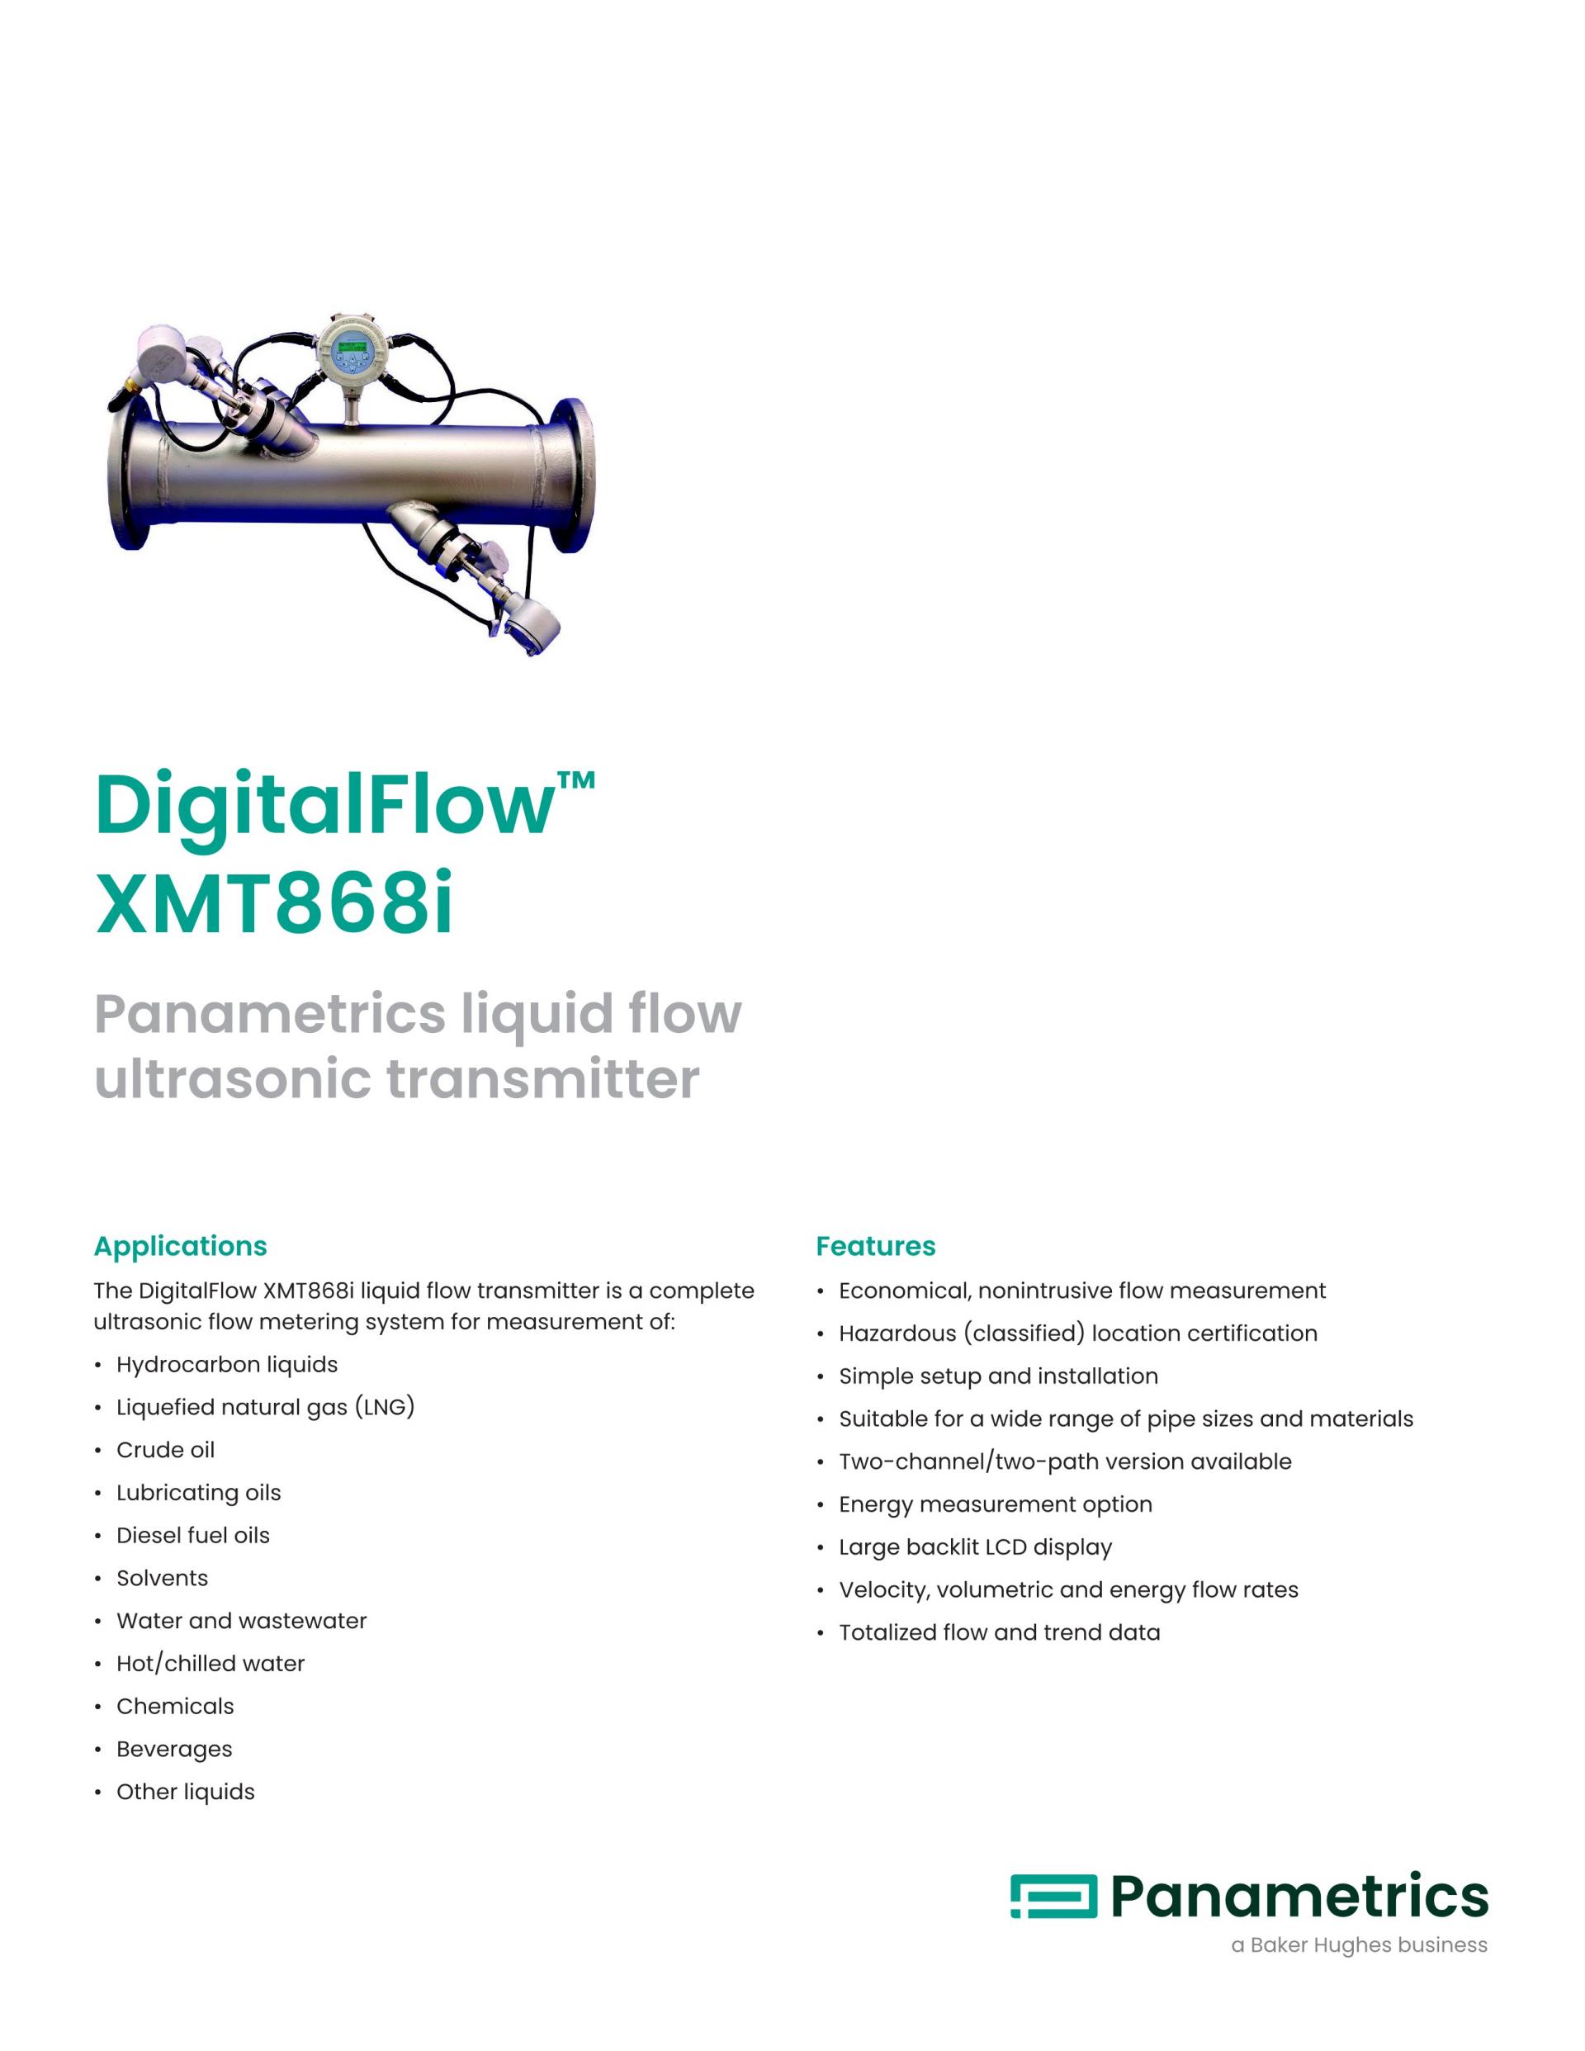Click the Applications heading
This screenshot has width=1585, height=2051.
(x=180, y=1246)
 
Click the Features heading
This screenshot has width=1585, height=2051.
(x=875, y=1246)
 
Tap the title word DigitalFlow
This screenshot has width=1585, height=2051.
(x=324, y=806)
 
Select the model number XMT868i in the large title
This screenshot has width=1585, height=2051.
(x=274, y=905)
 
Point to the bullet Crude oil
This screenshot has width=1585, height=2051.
(x=165, y=1450)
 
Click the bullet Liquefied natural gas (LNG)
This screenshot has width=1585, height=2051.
(x=265, y=1407)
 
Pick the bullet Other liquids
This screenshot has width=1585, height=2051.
(x=185, y=1792)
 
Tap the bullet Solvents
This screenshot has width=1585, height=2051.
(x=162, y=1578)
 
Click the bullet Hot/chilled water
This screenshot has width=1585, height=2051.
(x=211, y=1663)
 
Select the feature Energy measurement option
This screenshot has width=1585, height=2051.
(x=996, y=1504)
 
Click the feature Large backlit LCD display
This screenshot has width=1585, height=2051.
(x=975, y=1547)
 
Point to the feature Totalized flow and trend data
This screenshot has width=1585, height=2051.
(x=999, y=1632)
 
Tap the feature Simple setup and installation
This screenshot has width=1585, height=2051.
(x=998, y=1376)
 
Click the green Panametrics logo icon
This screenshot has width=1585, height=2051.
(x=1053, y=1896)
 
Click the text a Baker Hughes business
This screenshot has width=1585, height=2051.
(x=1359, y=1944)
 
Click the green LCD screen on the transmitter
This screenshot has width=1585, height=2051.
(x=351, y=348)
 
